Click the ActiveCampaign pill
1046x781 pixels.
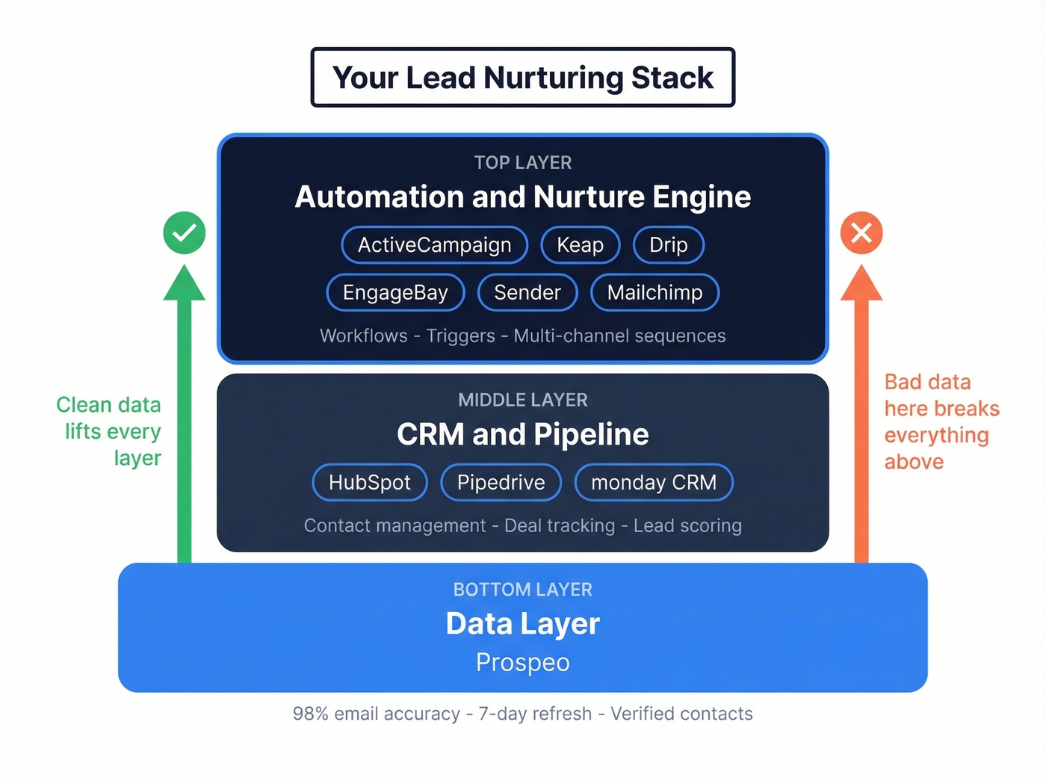[x=434, y=245]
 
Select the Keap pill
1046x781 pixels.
[x=580, y=245]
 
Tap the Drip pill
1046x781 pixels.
[x=668, y=245]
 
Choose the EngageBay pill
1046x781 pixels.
[x=395, y=293]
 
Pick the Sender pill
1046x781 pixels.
[x=527, y=293]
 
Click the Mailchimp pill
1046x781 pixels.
[x=654, y=293]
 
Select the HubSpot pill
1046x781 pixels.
[x=370, y=483]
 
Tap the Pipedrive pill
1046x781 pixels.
[x=501, y=483]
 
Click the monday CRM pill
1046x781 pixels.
[x=653, y=483]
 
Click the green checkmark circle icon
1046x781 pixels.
[x=185, y=233]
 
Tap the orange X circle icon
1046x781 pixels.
[x=861, y=233]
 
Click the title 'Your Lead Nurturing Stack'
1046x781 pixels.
[x=523, y=78]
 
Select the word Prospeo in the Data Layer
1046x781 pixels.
[x=523, y=662]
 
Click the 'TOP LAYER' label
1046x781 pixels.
[x=523, y=163]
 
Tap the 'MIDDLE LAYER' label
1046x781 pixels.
[x=523, y=401]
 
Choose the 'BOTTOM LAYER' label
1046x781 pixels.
[x=523, y=590]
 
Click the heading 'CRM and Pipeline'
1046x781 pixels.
[x=523, y=434]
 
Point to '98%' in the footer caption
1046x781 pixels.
[x=311, y=714]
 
